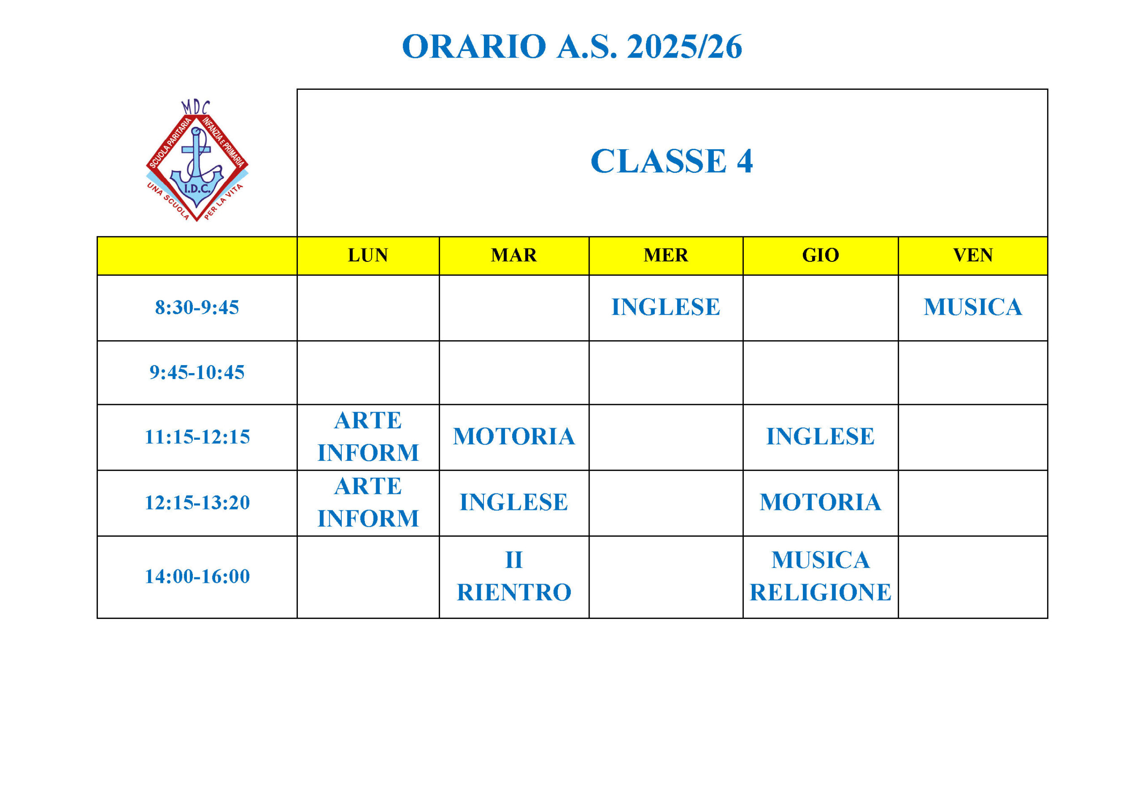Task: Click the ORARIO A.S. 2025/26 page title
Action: pos(572,47)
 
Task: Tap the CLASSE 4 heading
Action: pos(671,161)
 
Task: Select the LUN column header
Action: pos(368,255)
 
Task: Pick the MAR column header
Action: pos(513,255)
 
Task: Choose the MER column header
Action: pos(666,255)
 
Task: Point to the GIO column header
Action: pos(820,255)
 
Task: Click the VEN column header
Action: pos(973,255)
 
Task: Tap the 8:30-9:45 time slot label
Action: pos(197,307)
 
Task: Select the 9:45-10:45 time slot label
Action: pos(197,372)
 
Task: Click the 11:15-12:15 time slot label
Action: pos(197,437)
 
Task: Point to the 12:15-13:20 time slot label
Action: pos(197,502)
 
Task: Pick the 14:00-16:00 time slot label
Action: pos(197,576)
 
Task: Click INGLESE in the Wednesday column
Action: pos(666,307)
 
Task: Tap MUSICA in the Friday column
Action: pos(973,307)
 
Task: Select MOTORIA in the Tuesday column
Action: pos(513,437)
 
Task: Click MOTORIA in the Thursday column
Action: pos(820,502)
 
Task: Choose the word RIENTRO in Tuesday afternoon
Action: pos(513,593)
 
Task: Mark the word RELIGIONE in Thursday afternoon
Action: pos(820,593)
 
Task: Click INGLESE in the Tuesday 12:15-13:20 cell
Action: pos(513,502)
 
